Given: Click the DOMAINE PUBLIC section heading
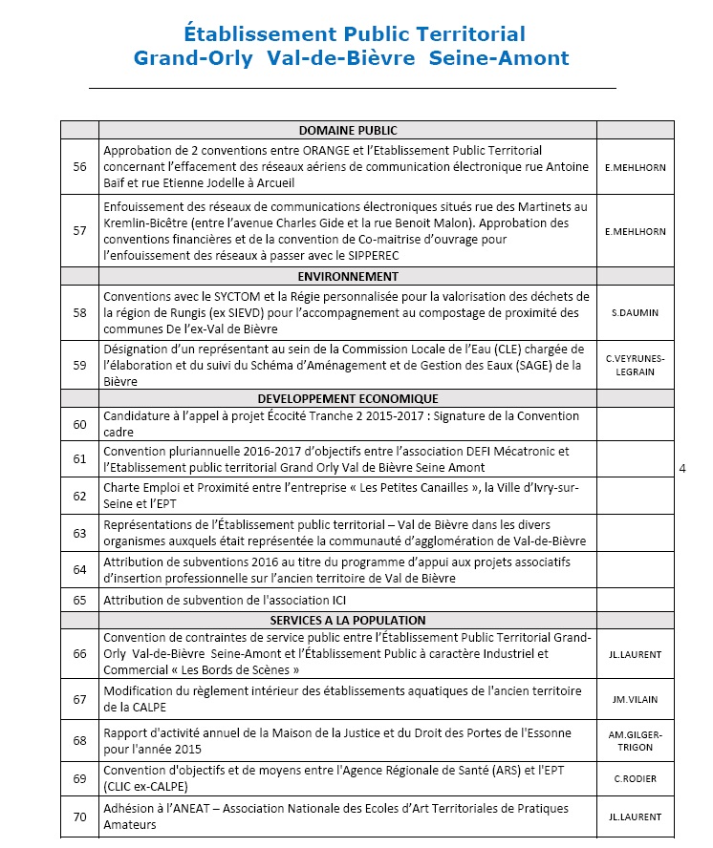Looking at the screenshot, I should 348,131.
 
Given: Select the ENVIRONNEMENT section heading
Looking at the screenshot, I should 348,276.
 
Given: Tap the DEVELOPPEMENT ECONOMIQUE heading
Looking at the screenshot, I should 348,398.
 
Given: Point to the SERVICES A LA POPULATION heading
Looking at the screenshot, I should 348,620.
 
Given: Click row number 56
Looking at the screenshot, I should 79,167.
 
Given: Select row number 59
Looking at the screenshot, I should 79,364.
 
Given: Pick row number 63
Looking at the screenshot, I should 79,533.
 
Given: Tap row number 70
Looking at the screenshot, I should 79,816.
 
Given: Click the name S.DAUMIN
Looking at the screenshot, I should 636,312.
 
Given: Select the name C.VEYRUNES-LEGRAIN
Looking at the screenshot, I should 636,365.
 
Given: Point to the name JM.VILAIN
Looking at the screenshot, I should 636,699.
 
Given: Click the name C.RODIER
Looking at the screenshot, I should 636,778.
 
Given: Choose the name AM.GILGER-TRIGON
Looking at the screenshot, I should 636,740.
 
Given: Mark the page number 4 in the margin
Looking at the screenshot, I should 681,469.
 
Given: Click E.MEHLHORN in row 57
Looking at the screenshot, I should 636,231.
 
